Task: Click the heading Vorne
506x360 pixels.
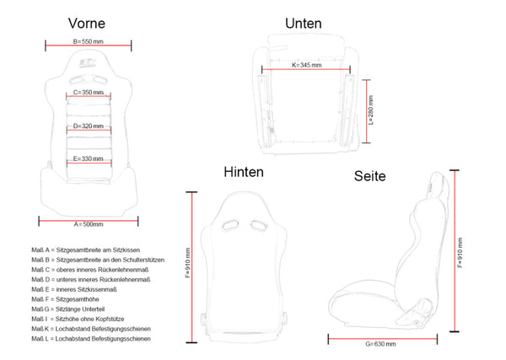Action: tap(88, 24)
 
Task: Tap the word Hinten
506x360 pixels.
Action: tap(243, 172)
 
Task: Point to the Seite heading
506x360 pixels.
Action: tap(369, 176)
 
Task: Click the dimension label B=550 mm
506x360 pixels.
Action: tap(88, 40)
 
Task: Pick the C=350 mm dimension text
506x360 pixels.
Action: tap(88, 92)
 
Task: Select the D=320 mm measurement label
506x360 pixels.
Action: tap(88, 126)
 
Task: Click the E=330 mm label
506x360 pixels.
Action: tap(88, 158)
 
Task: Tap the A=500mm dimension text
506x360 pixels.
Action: tap(88, 223)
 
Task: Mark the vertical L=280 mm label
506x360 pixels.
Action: tap(371, 109)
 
